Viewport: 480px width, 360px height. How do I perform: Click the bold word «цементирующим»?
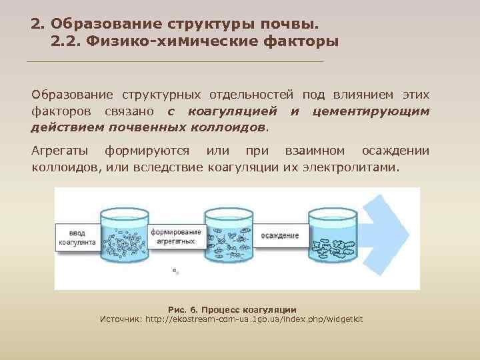(x=371, y=111)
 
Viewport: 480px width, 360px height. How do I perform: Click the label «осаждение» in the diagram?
(x=279, y=235)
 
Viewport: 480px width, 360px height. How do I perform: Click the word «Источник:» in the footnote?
(x=121, y=319)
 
